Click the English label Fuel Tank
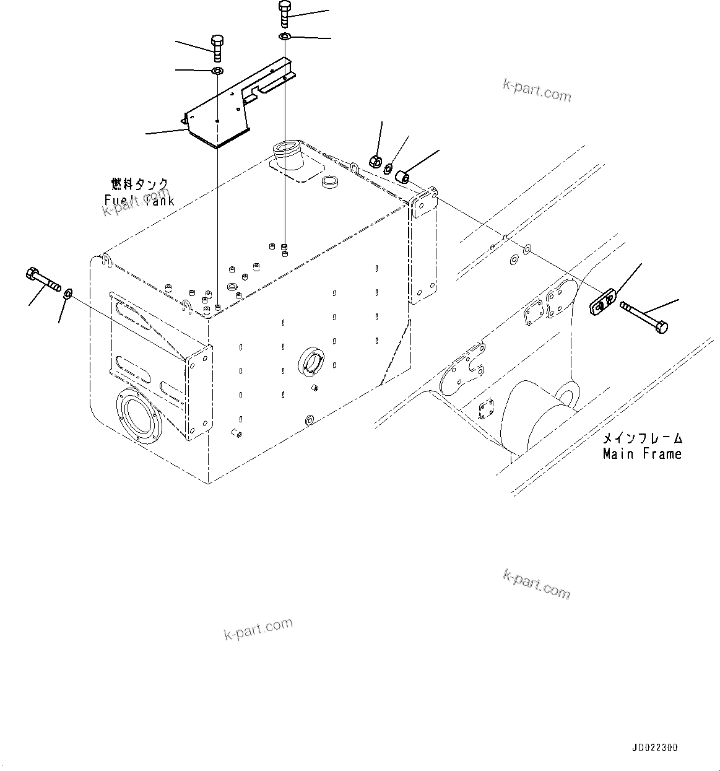(x=139, y=200)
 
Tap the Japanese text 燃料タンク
(x=139, y=185)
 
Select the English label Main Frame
(x=642, y=454)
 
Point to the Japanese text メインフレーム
(x=643, y=438)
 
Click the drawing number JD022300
(x=655, y=747)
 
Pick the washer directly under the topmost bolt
(x=284, y=38)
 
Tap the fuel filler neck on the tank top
(x=287, y=155)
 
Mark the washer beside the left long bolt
(x=68, y=292)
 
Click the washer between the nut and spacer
(x=388, y=168)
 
